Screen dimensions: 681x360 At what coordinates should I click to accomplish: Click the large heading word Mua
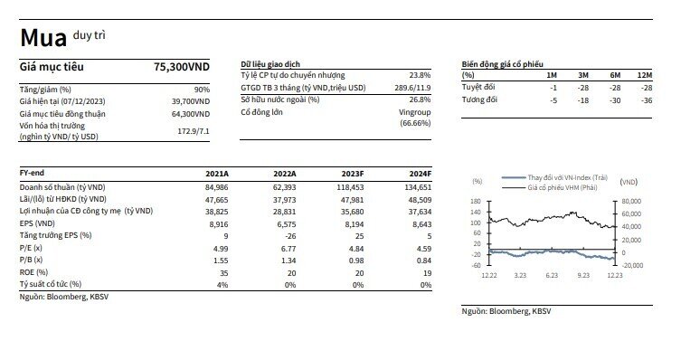(x=43, y=38)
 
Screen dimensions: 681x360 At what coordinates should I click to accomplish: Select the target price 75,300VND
(x=182, y=67)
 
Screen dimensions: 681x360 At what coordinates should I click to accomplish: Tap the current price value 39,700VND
(x=191, y=101)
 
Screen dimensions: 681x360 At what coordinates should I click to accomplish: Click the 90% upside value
(x=202, y=90)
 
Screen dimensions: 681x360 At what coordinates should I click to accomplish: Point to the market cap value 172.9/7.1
(x=194, y=131)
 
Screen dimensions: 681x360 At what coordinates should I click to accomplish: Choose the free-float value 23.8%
(x=420, y=75)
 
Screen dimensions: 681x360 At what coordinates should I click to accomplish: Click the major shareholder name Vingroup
(x=415, y=112)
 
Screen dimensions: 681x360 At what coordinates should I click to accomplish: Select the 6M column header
(x=615, y=75)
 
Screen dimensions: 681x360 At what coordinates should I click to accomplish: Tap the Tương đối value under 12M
(x=647, y=100)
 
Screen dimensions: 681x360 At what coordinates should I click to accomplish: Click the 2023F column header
(x=353, y=174)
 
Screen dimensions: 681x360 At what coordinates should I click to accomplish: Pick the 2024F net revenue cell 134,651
(x=418, y=187)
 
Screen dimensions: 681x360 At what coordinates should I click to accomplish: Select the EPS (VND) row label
(x=37, y=223)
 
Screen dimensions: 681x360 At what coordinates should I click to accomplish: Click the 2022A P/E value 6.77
(x=288, y=249)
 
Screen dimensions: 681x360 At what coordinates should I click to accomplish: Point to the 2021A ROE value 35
(x=223, y=273)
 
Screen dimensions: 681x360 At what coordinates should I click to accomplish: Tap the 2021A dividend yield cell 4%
(x=222, y=285)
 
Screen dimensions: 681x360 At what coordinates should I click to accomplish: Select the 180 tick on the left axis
(x=476, y=201)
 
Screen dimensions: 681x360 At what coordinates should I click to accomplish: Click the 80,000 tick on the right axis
(x=631, y=201)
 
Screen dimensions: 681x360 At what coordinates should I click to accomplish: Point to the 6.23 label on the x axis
(x=552, y=275)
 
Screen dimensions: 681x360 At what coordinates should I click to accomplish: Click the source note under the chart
(x=506, y=311)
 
